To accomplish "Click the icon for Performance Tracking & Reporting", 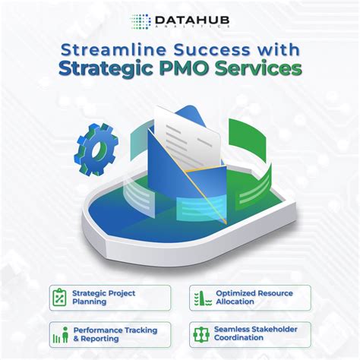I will [x=61, y=333].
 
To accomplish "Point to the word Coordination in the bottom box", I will [x=243, y=339].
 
